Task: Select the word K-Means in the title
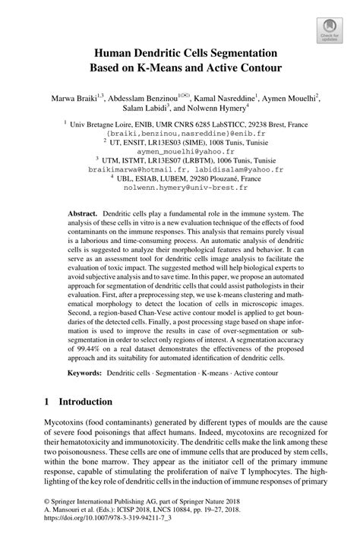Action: (x=160, y=68)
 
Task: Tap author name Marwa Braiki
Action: (x=72, y=98)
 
